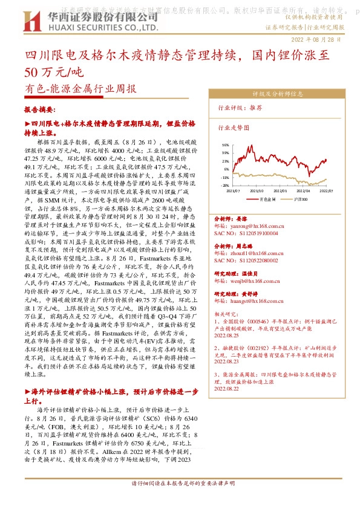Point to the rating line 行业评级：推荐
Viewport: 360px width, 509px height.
coord(240,107)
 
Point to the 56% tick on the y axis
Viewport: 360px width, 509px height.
coord(225,145)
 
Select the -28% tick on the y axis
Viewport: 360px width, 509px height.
coord(225,186)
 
